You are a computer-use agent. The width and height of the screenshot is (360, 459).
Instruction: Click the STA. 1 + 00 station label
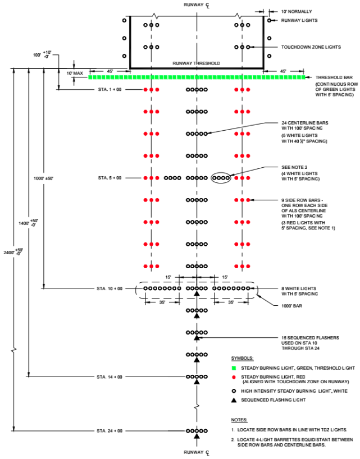110,90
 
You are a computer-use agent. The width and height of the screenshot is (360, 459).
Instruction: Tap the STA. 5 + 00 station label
110,178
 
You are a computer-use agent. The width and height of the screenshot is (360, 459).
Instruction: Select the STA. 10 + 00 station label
110,288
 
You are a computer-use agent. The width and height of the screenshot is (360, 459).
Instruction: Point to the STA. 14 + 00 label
110,377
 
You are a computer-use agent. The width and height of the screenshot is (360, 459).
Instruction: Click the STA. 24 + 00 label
110,431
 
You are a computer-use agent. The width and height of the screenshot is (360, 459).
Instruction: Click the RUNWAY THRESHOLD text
196,63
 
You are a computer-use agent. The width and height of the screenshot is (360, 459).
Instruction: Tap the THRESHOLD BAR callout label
334,77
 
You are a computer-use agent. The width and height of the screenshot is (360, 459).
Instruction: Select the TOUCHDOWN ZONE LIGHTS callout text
311,47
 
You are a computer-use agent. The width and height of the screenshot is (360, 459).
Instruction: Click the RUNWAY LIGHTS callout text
299,21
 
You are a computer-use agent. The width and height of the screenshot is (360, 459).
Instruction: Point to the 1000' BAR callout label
291,306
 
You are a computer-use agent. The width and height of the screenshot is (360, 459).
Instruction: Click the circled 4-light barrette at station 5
221,178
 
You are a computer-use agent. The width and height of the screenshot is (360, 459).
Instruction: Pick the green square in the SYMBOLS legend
234,368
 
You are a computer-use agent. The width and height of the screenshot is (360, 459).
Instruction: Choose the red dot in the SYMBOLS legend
234,377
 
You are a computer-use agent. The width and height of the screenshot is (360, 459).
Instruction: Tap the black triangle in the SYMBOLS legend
234,400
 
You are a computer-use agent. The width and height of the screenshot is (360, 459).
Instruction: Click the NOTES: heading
239,420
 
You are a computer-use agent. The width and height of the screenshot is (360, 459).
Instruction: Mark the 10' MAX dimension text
75,74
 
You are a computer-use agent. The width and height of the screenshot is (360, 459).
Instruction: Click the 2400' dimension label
13,252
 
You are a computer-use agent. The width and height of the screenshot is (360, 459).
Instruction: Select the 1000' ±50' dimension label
43,178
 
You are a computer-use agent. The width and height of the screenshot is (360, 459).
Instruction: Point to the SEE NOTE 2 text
294,167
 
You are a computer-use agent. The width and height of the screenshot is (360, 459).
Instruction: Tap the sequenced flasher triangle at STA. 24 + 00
197,436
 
